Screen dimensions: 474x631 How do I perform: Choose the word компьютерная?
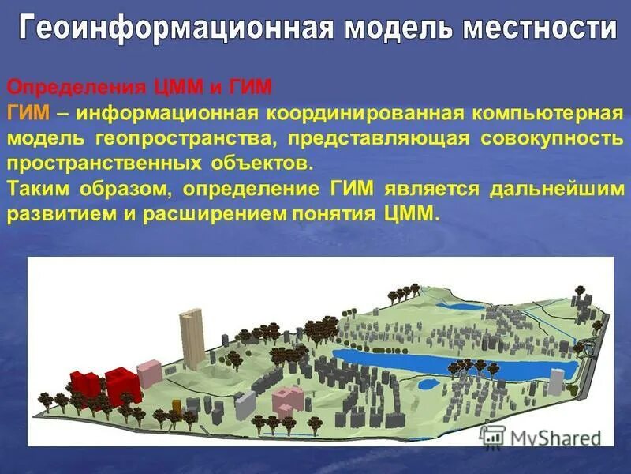[x=548, y=113]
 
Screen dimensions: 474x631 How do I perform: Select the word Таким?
[x=42, y=190]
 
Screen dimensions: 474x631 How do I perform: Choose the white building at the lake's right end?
[x=556, y=382]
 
